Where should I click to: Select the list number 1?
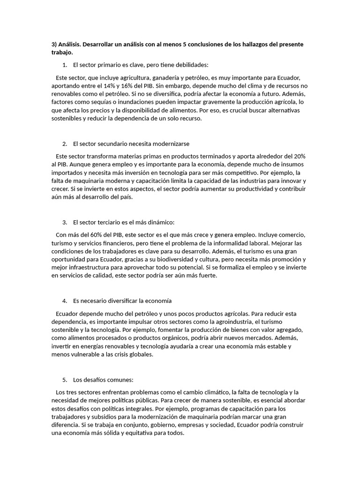(64, 65)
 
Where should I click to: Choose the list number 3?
(64, 222)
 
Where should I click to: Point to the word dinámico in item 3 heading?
(158, 222)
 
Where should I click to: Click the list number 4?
(64, 300)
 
